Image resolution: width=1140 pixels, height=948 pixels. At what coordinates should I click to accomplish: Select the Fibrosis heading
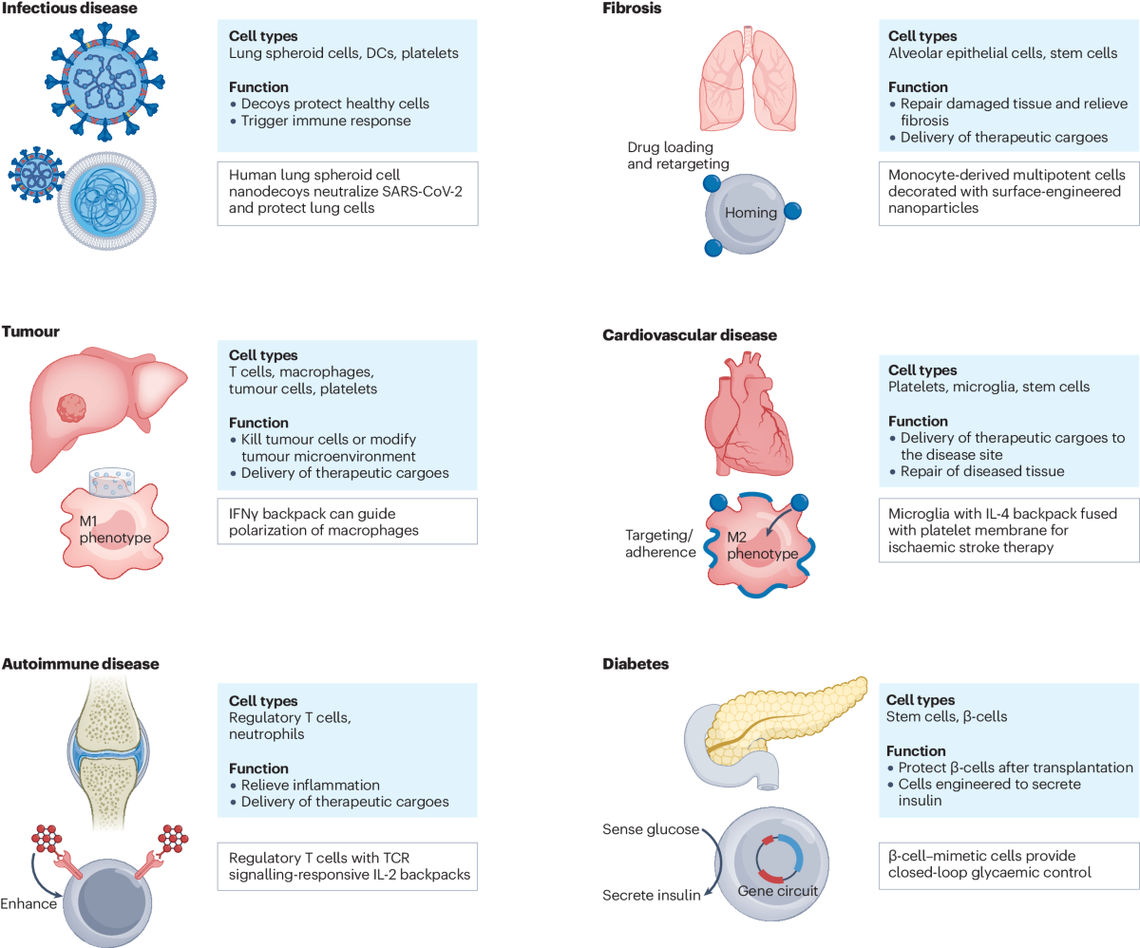click(x=632, y=9)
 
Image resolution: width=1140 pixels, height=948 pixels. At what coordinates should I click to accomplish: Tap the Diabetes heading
click(x=636, y=664)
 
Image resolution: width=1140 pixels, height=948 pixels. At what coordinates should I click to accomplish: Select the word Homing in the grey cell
click(x=750, y=213)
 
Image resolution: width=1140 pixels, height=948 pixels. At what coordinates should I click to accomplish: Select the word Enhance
click(x=29, y=903)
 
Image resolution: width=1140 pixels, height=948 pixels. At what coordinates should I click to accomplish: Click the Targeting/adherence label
click(x=660, y=543)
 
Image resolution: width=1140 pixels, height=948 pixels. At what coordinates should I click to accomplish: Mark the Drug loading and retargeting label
click(x=677, y=155)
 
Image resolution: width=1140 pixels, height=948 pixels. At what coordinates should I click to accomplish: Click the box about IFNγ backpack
click(x=347, y=521)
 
